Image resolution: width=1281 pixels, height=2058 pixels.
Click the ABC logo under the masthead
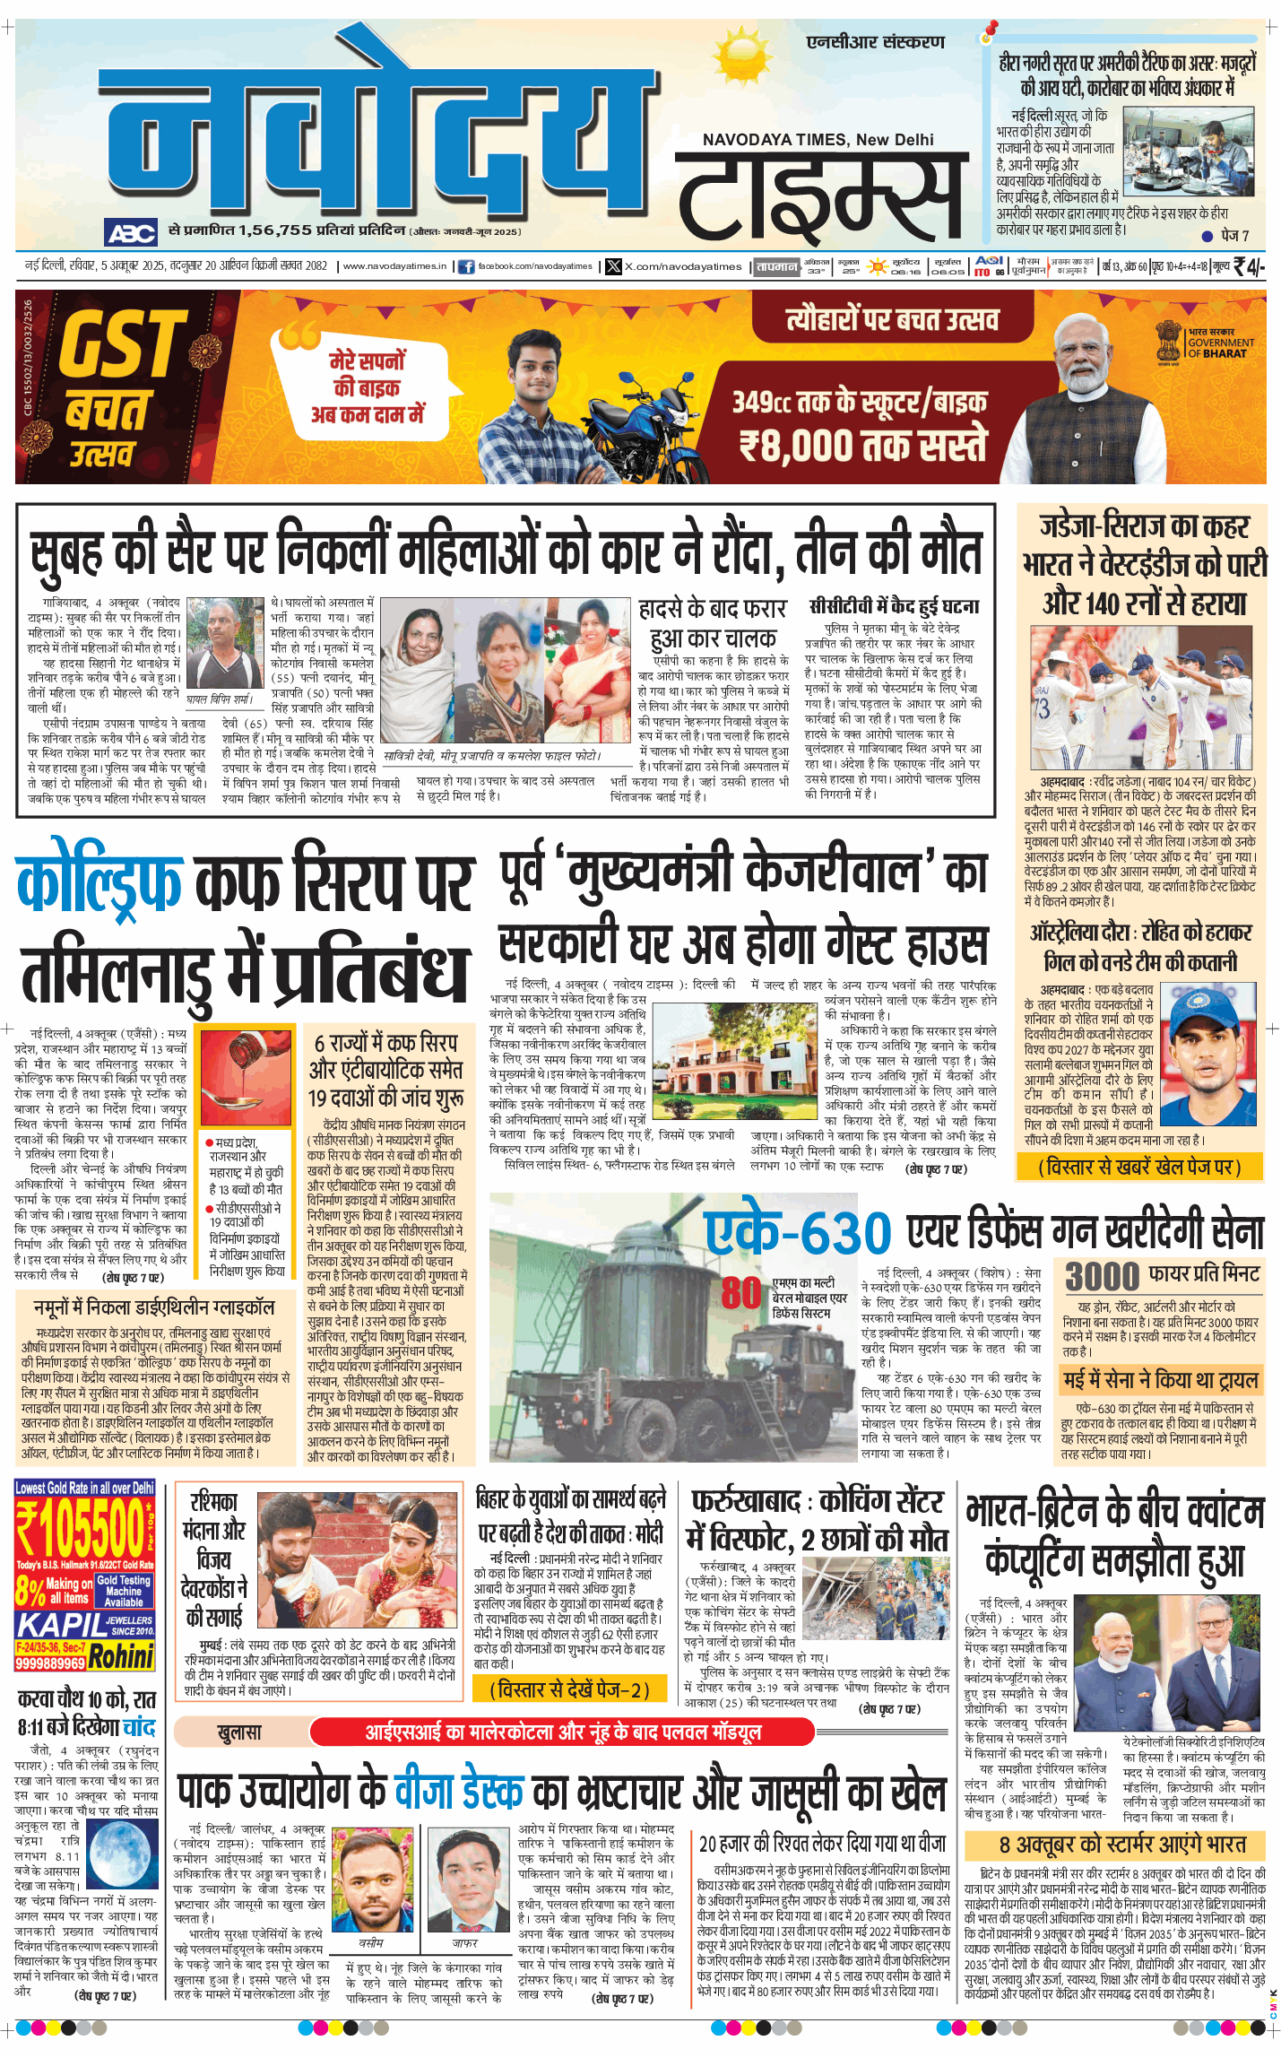tap(131, 233)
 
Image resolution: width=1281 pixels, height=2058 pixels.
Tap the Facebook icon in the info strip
tap(466, 266)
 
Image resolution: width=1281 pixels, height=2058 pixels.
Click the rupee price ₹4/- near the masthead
tap(1249, 266)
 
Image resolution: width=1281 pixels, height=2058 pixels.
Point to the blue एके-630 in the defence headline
tap(798, 1233)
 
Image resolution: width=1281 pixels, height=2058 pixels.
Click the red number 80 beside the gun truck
tap(740, 1292)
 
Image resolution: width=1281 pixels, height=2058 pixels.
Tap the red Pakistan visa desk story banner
tap(562, 1731)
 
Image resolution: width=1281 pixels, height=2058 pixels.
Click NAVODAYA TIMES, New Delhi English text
tap(818, 140)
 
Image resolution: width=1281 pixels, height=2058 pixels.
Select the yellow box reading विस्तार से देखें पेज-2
tap(569, 1689)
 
